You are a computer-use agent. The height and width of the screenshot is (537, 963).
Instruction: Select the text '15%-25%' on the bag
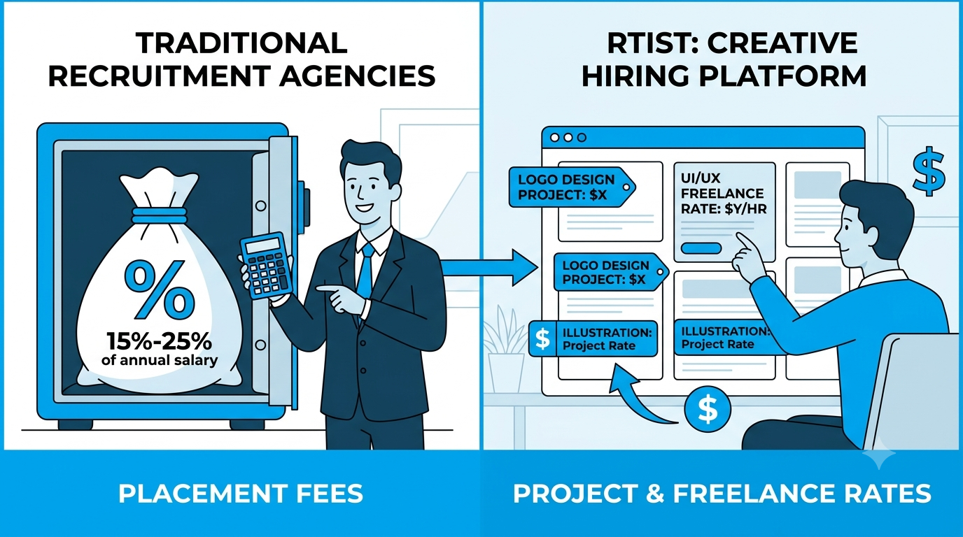tap(159, 341)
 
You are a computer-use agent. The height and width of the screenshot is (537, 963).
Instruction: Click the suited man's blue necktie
tap(365, 275)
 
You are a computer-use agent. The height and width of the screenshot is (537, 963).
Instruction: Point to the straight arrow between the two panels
tap(489, 268)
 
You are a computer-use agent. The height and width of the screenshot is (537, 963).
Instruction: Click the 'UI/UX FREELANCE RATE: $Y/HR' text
tap(724, 193)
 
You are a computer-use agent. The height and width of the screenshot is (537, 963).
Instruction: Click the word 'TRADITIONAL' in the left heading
tap(241, 43)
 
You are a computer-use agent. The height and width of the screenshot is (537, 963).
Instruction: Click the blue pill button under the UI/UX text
tap(701, 248)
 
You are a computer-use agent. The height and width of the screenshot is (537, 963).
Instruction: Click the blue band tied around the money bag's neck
tap(159, 215)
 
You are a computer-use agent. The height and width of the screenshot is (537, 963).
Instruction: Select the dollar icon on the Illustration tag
tap(542, 338)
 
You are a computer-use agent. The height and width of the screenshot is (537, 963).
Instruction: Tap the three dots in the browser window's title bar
tap(568, 138)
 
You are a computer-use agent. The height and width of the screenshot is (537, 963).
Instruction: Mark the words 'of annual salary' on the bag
tap(160, 360)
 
